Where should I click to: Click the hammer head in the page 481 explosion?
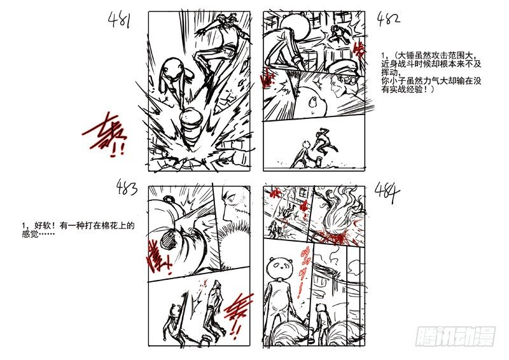click(x=192, y=121)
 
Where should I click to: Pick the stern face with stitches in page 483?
click(x=236, y=204)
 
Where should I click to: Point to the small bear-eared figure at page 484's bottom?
click(x=321, y=318)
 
